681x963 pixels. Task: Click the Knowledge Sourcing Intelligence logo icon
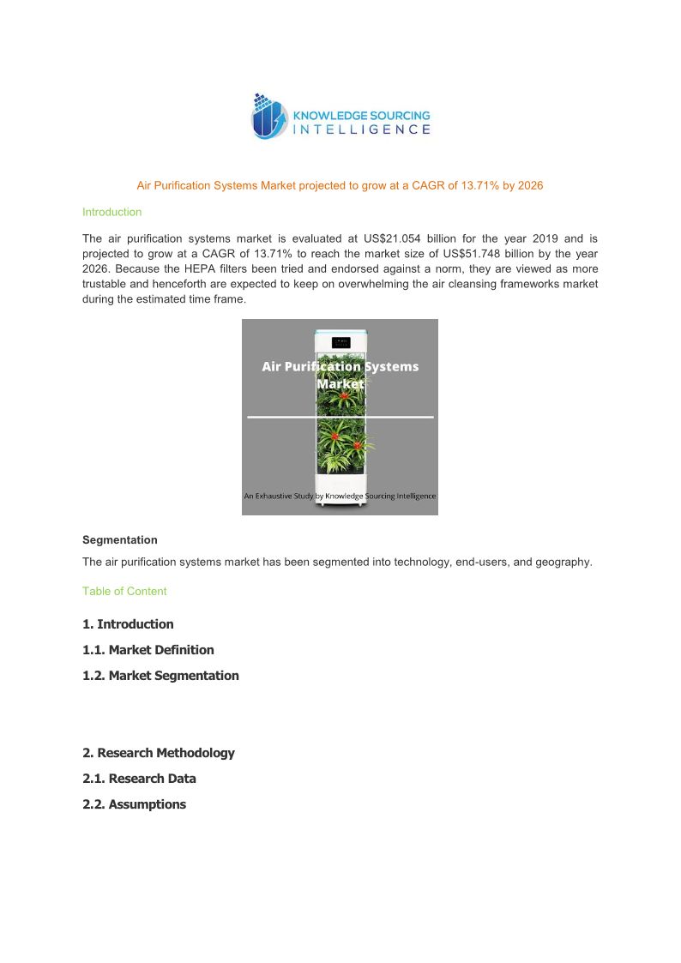tap(268, 117)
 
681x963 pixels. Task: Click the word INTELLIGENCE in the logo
tap(362, 129)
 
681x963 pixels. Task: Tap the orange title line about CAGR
tap(340, 185)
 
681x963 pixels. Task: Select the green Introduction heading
tap(111, 212)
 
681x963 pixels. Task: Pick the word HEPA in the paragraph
tap(206, 268)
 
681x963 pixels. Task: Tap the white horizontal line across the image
tap(340, 417)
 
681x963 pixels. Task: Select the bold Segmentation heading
tap(120, 540)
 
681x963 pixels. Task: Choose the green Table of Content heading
tap(124, 591)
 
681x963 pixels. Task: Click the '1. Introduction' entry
tap(128, 624)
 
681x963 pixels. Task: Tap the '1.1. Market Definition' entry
tap(148, 650)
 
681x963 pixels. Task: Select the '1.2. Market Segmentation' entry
tap(160, 676)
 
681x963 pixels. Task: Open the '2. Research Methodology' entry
tap(159, 753)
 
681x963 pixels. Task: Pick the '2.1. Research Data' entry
tap(139, 779)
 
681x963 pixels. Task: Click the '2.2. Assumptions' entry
tap(134, 804)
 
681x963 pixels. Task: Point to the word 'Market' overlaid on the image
tap(340, 384)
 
